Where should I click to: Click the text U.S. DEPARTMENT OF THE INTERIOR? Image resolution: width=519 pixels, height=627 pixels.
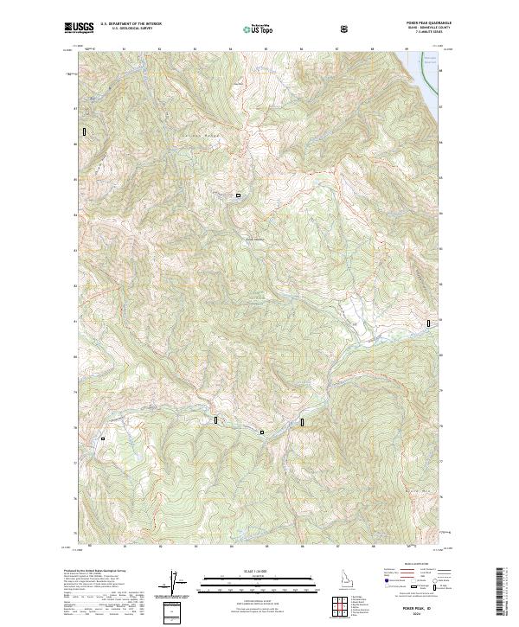[130, 25]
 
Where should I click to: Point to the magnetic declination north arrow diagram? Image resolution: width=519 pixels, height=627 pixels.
[178, 581]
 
